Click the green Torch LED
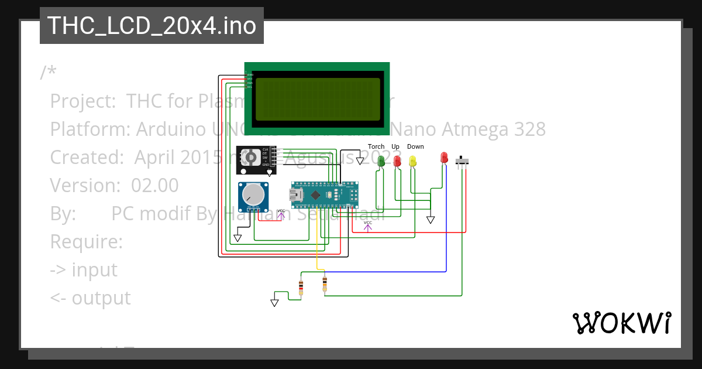(x=381, y=160)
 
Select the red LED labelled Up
(x=397, y=160)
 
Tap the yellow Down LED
(x=413, y=160)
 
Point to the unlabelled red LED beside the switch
(x=444, y=157)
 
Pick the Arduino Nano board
(x=325, y=194)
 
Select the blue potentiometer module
(x=253, y=197)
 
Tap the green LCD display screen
(x=317, y=97)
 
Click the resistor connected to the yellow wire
(x=325, y=284)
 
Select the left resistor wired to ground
(x=301, y=288)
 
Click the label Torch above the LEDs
(x=376, y=146)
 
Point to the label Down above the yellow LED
(x=415, y=146)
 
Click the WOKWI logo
(x=621, y=323)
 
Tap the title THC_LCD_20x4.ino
(x=152, y=26)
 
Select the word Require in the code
(x=86, y=241)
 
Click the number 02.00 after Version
(x=154, y=185)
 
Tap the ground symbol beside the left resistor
(x=274, y=302)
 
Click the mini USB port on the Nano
(x=297, y=194)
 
